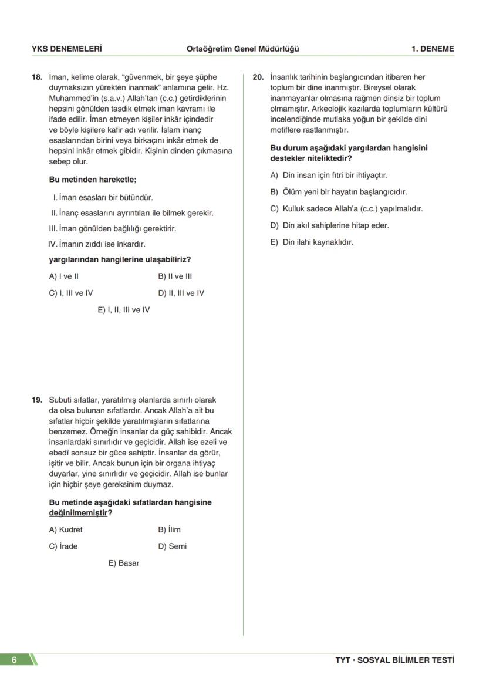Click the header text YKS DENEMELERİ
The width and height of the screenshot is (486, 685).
point(66,49)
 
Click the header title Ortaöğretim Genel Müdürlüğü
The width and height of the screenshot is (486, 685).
point(242,49)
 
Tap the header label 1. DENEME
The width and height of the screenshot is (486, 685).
point(433,49)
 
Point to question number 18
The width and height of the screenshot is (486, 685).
point(37,77)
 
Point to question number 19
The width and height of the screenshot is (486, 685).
point(37,400)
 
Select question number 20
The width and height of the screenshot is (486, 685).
point(258,77)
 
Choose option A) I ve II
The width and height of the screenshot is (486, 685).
point(64,276)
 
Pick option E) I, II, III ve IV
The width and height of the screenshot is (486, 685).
point(124,310)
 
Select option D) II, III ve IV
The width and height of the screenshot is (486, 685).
point(181,293)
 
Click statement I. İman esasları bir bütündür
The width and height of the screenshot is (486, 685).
point(103,198)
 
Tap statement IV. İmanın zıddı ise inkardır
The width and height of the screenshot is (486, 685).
point(97,244)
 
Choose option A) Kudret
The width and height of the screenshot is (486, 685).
point(66,529)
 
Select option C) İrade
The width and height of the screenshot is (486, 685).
point(63,546)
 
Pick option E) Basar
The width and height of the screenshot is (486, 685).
point(124,563)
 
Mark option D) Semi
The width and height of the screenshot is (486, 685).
point(172,546)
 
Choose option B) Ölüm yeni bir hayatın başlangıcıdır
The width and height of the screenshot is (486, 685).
point(338,192)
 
